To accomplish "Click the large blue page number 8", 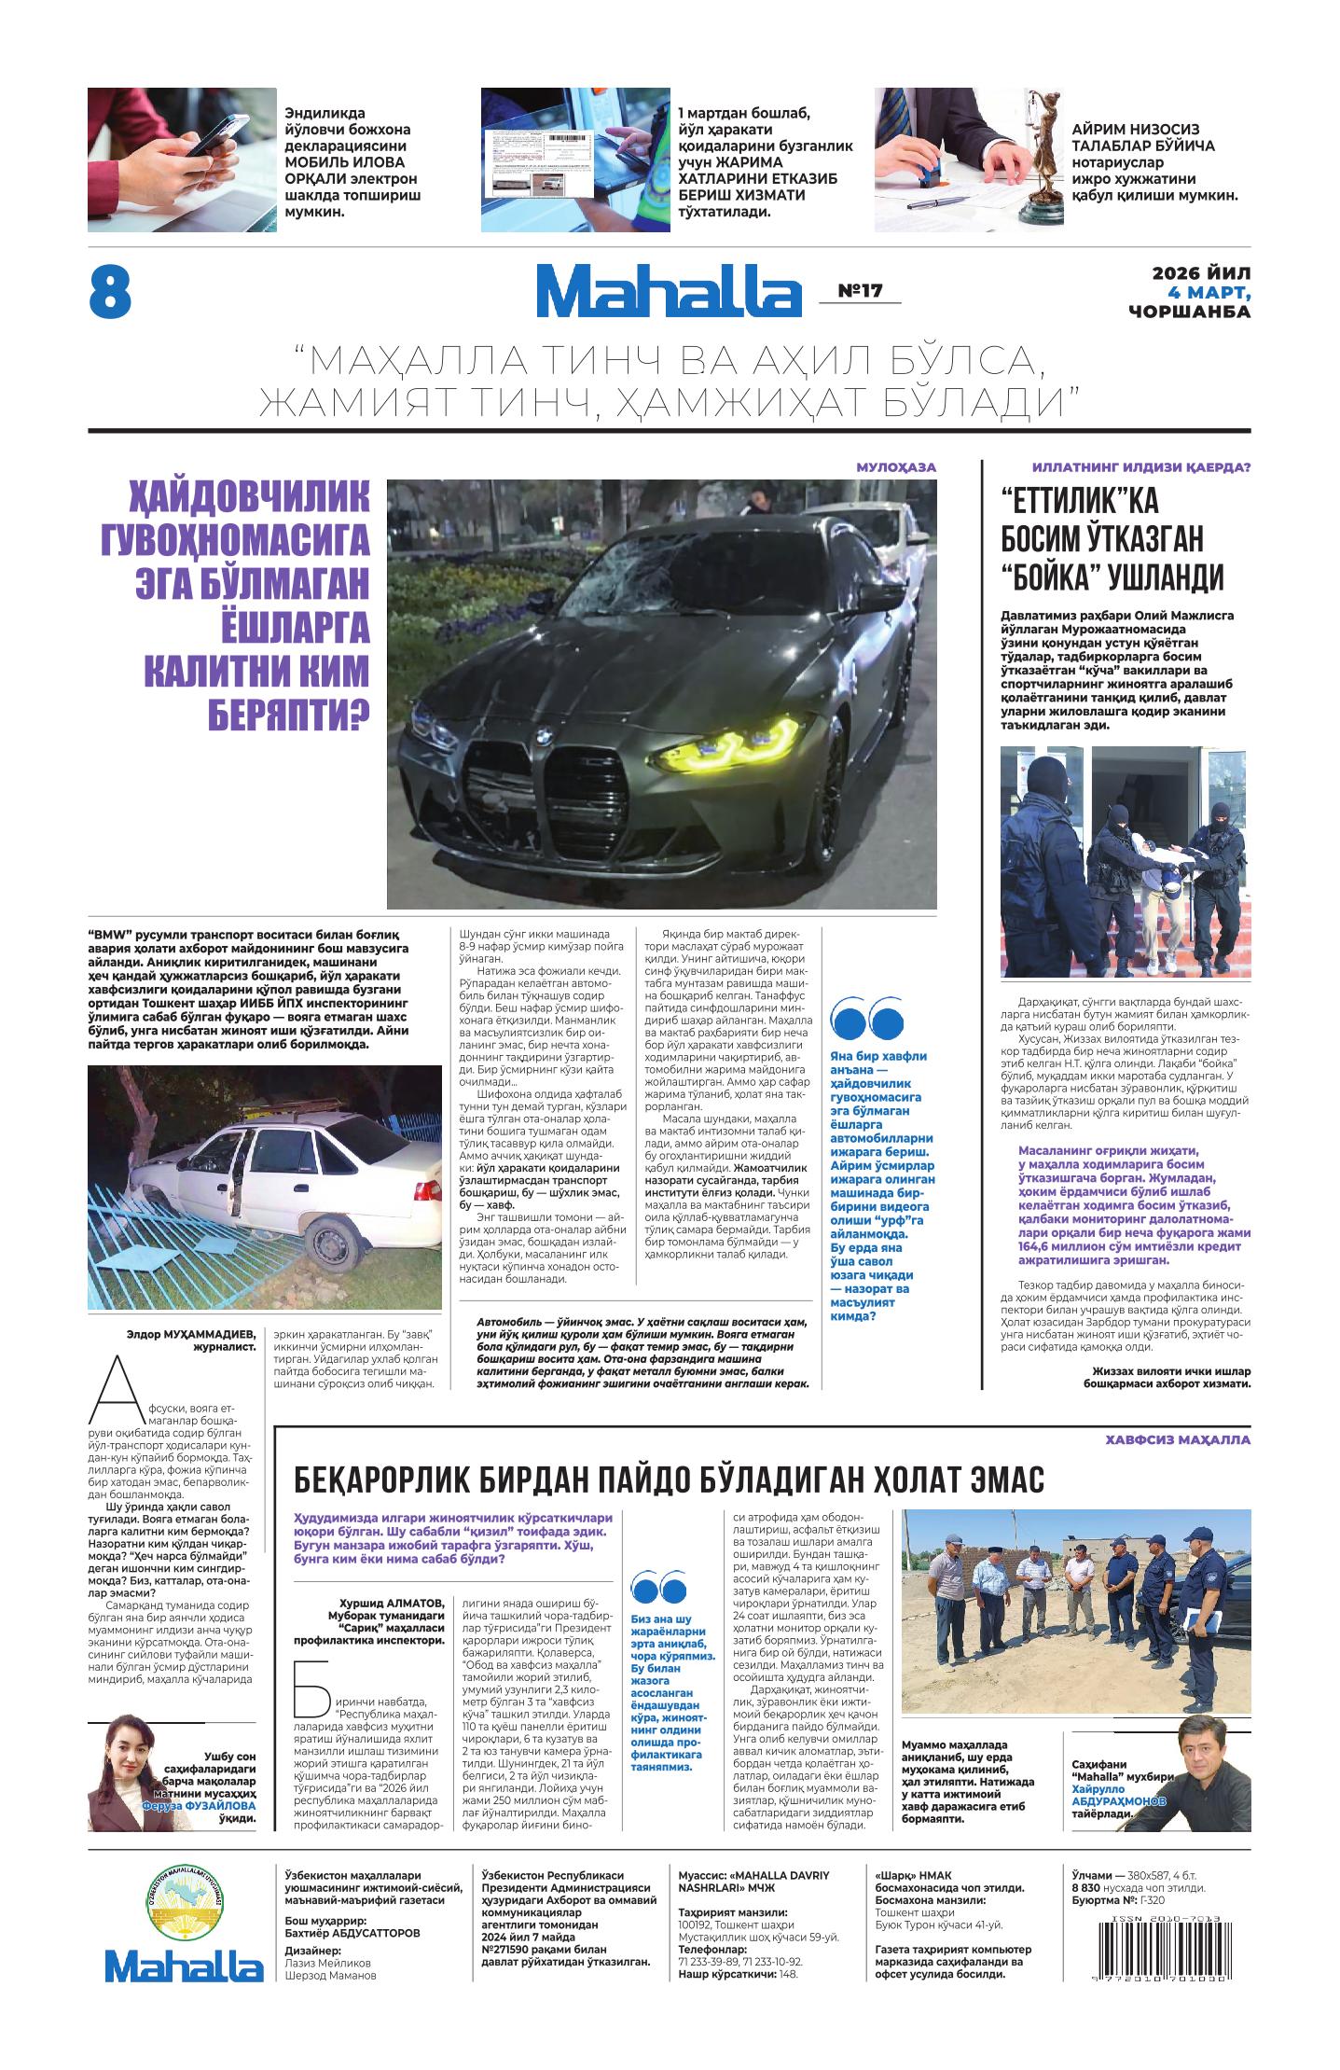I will pos(110,292).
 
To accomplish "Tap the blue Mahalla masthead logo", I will pos(668,291).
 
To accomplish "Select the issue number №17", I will pos(860,291).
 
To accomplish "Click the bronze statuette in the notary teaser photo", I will pos(1037,168).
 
